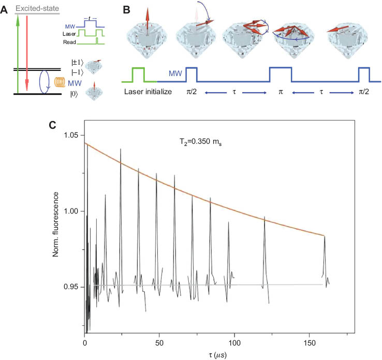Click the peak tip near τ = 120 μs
(265, 217)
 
